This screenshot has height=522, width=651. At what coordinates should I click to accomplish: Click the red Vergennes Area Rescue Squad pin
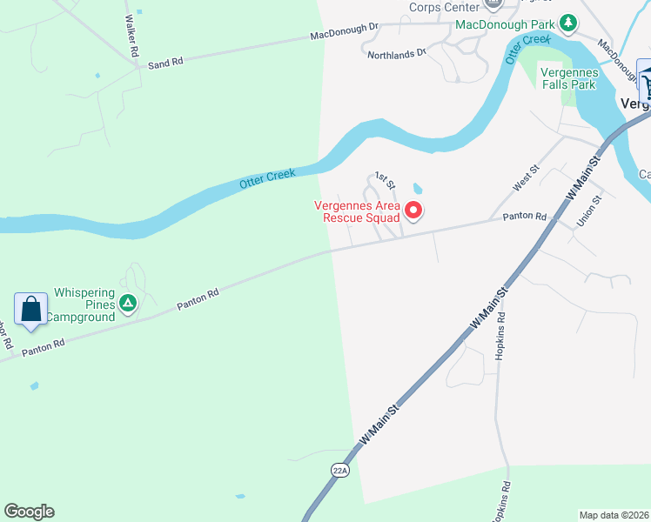click(x=413, y=210)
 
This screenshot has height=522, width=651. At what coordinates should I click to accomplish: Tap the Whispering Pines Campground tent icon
click(x=128, y=304)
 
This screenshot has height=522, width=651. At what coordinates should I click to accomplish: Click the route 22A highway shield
click(x=340, y=470)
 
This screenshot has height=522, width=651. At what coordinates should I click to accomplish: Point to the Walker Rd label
click(x=132, y=35)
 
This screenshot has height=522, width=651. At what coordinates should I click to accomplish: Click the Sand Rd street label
click(x=165, y=64)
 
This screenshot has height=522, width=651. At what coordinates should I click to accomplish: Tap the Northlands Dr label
click(x=396, y=53)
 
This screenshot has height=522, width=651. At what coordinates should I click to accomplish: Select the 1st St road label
click(x=386, y=181)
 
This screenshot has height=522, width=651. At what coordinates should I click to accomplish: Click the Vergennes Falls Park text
click(x=567, y=78)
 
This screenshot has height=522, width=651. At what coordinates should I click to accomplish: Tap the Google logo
click(x=29, y=512)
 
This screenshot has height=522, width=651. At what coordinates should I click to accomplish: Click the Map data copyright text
click(x=614, y=515)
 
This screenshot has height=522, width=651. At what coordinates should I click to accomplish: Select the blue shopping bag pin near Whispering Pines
click(x=30, y=310)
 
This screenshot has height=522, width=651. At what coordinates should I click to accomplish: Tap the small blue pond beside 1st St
click(x=418, y=188)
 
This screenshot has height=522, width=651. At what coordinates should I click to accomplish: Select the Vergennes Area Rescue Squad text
click(x=361, y=211)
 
